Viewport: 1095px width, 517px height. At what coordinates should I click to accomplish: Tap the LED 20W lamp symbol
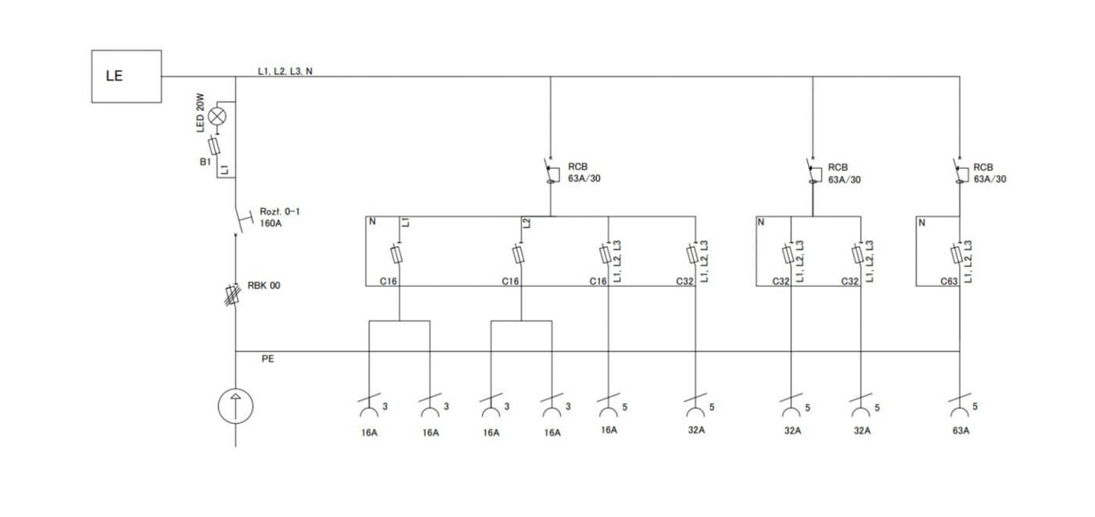(217, 117)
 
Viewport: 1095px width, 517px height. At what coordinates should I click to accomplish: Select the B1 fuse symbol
(214, 146)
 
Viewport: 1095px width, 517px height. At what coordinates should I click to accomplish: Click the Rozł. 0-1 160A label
(280, 217)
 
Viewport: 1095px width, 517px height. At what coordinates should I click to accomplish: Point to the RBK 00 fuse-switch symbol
(233, 295)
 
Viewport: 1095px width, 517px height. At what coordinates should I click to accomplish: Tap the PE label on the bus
(267, 359)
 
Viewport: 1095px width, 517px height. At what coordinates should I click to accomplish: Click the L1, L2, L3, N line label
(285, 71)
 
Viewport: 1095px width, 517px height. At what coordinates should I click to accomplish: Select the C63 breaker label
(949, 282)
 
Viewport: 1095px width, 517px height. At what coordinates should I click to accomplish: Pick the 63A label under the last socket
(960, 430)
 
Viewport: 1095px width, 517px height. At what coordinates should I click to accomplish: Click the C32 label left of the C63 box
(849, 282)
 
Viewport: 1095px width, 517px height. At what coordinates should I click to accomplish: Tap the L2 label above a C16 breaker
(526, 223)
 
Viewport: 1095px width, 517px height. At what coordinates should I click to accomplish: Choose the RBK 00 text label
(264, 285)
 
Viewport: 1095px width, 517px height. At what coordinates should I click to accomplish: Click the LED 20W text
(200, 113)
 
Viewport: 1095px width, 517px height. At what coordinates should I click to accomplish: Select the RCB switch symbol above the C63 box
(960, 171)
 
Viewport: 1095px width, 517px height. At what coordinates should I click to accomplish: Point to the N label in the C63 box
(922, 223)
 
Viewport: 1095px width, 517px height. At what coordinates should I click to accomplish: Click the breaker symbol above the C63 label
(956, 255)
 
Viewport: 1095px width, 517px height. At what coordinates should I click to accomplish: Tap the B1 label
(205, 162)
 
